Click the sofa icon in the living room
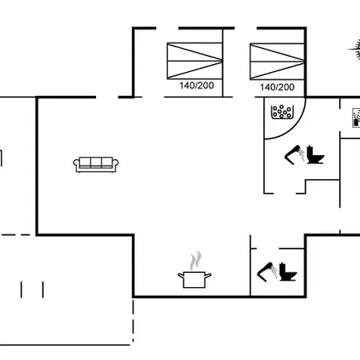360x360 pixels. (x=96, y=165)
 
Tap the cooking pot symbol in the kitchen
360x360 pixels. (x=194, y=279)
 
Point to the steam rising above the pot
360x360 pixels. (x=195, y=260)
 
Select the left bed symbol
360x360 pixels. (x=194, y=61)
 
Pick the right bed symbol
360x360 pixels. (x=277, y=62)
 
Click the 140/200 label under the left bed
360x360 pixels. (x=197, y=86)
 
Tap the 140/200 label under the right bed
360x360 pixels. (x=278, y=87)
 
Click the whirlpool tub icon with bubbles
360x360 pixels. (x=282, y=112)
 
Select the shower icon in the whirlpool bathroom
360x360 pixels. (x=295, y=154)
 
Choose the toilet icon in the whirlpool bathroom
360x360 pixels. (x=315, y=154)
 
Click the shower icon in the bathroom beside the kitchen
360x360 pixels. (x=267, y=272)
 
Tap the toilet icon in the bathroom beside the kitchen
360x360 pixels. (x=288, y=272)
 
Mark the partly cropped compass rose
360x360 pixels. (x=354, y=50)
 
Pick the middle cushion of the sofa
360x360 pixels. (x=96, y=162)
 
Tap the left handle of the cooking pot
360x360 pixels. (x=181, y=276)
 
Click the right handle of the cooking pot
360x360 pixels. (x=208, y=275)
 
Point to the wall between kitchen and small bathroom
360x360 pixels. (x=250, y=266)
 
